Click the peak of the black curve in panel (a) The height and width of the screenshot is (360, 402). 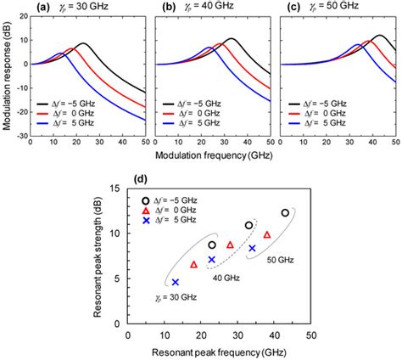click(x=82, y=43)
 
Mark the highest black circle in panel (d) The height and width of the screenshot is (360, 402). click(x=285, y=212)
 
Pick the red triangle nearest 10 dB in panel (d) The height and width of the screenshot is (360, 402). click(x=267, y=234)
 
